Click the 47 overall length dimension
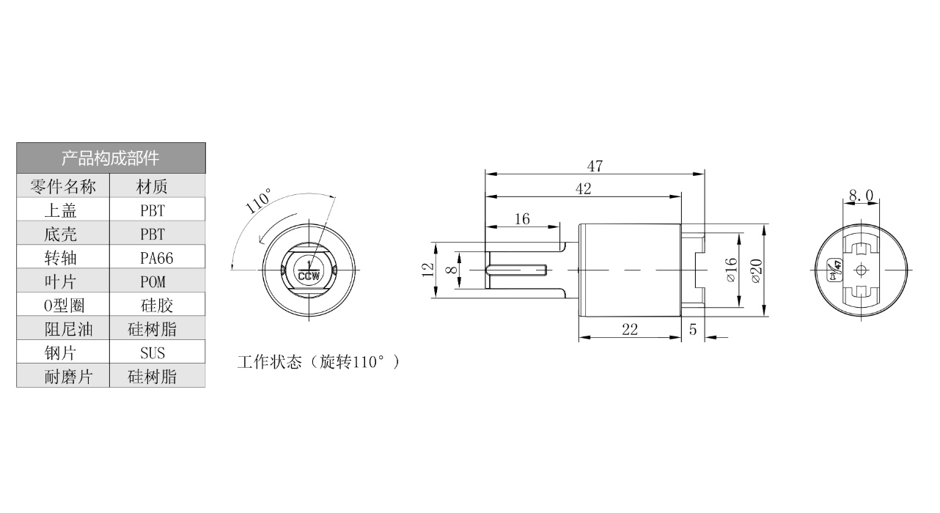[x=595, y=166]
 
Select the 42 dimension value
[x=583, y=189]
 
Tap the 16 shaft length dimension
[x=522, y=219]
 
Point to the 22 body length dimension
[x=630, y=330]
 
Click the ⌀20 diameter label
[x=756, y=270]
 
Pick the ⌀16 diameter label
[x=730, y=270]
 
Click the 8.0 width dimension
[x=861, y=196]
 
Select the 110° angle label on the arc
[x=258, y=201]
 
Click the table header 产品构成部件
[x=111, y=158]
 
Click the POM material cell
[x=153, y=281]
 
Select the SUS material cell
[x=153, y=353]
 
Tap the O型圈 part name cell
[x=64, y=305]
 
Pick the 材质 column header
[x=152, y=187]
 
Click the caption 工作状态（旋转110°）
[x=319, y=362]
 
